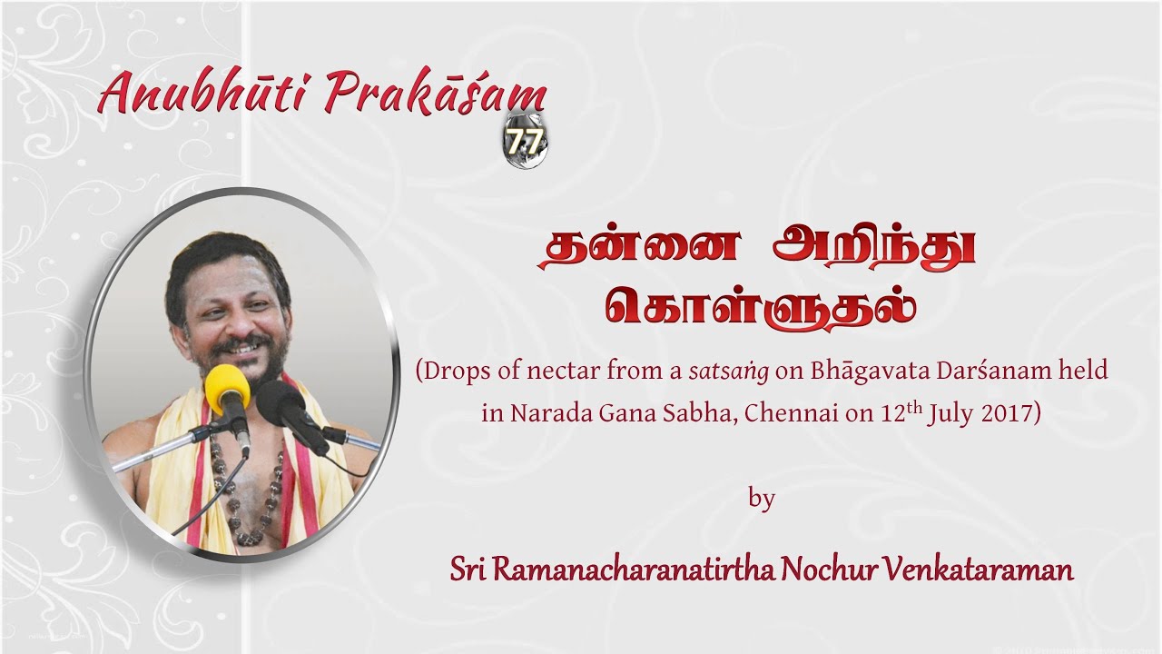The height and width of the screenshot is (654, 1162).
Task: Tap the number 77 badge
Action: click(521, 143)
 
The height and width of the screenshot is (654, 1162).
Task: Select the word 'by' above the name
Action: click(762, 499)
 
